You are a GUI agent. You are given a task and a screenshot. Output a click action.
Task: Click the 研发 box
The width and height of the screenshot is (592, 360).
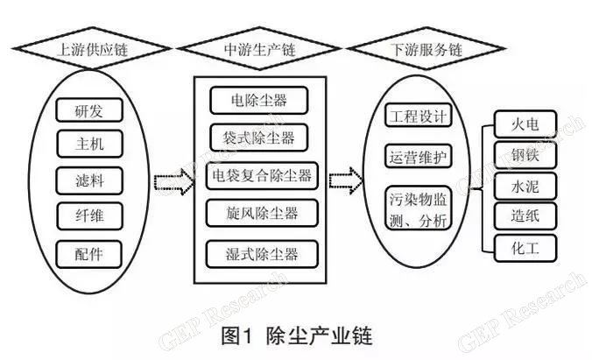(89, 111)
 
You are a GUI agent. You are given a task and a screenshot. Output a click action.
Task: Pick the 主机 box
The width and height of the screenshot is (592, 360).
(89, 145)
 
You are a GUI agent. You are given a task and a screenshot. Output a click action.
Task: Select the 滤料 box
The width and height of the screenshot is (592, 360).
(89, 181)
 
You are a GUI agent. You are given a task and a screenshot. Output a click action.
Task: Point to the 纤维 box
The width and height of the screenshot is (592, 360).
(89, 216)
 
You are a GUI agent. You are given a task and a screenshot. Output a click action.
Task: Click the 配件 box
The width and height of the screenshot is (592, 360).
(89, 253)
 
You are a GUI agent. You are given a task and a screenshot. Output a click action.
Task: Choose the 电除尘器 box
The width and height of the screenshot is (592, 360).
(260, 100)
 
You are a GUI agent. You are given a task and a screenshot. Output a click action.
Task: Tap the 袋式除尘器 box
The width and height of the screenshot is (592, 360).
(260, 138)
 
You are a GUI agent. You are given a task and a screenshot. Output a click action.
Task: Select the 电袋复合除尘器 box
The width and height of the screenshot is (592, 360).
(260, 175)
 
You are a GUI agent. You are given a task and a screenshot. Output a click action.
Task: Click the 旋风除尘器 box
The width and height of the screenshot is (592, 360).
(260, 214)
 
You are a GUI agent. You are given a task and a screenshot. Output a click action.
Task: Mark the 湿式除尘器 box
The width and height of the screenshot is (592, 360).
(260, 255)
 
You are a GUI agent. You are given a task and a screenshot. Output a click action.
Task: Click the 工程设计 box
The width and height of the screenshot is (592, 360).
(419, 116)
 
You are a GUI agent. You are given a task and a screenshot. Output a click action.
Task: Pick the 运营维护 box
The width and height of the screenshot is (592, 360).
(419, 157)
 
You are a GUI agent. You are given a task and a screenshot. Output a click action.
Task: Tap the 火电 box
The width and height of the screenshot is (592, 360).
(525, 123)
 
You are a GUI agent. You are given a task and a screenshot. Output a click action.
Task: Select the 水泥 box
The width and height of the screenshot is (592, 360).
(525, 185)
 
